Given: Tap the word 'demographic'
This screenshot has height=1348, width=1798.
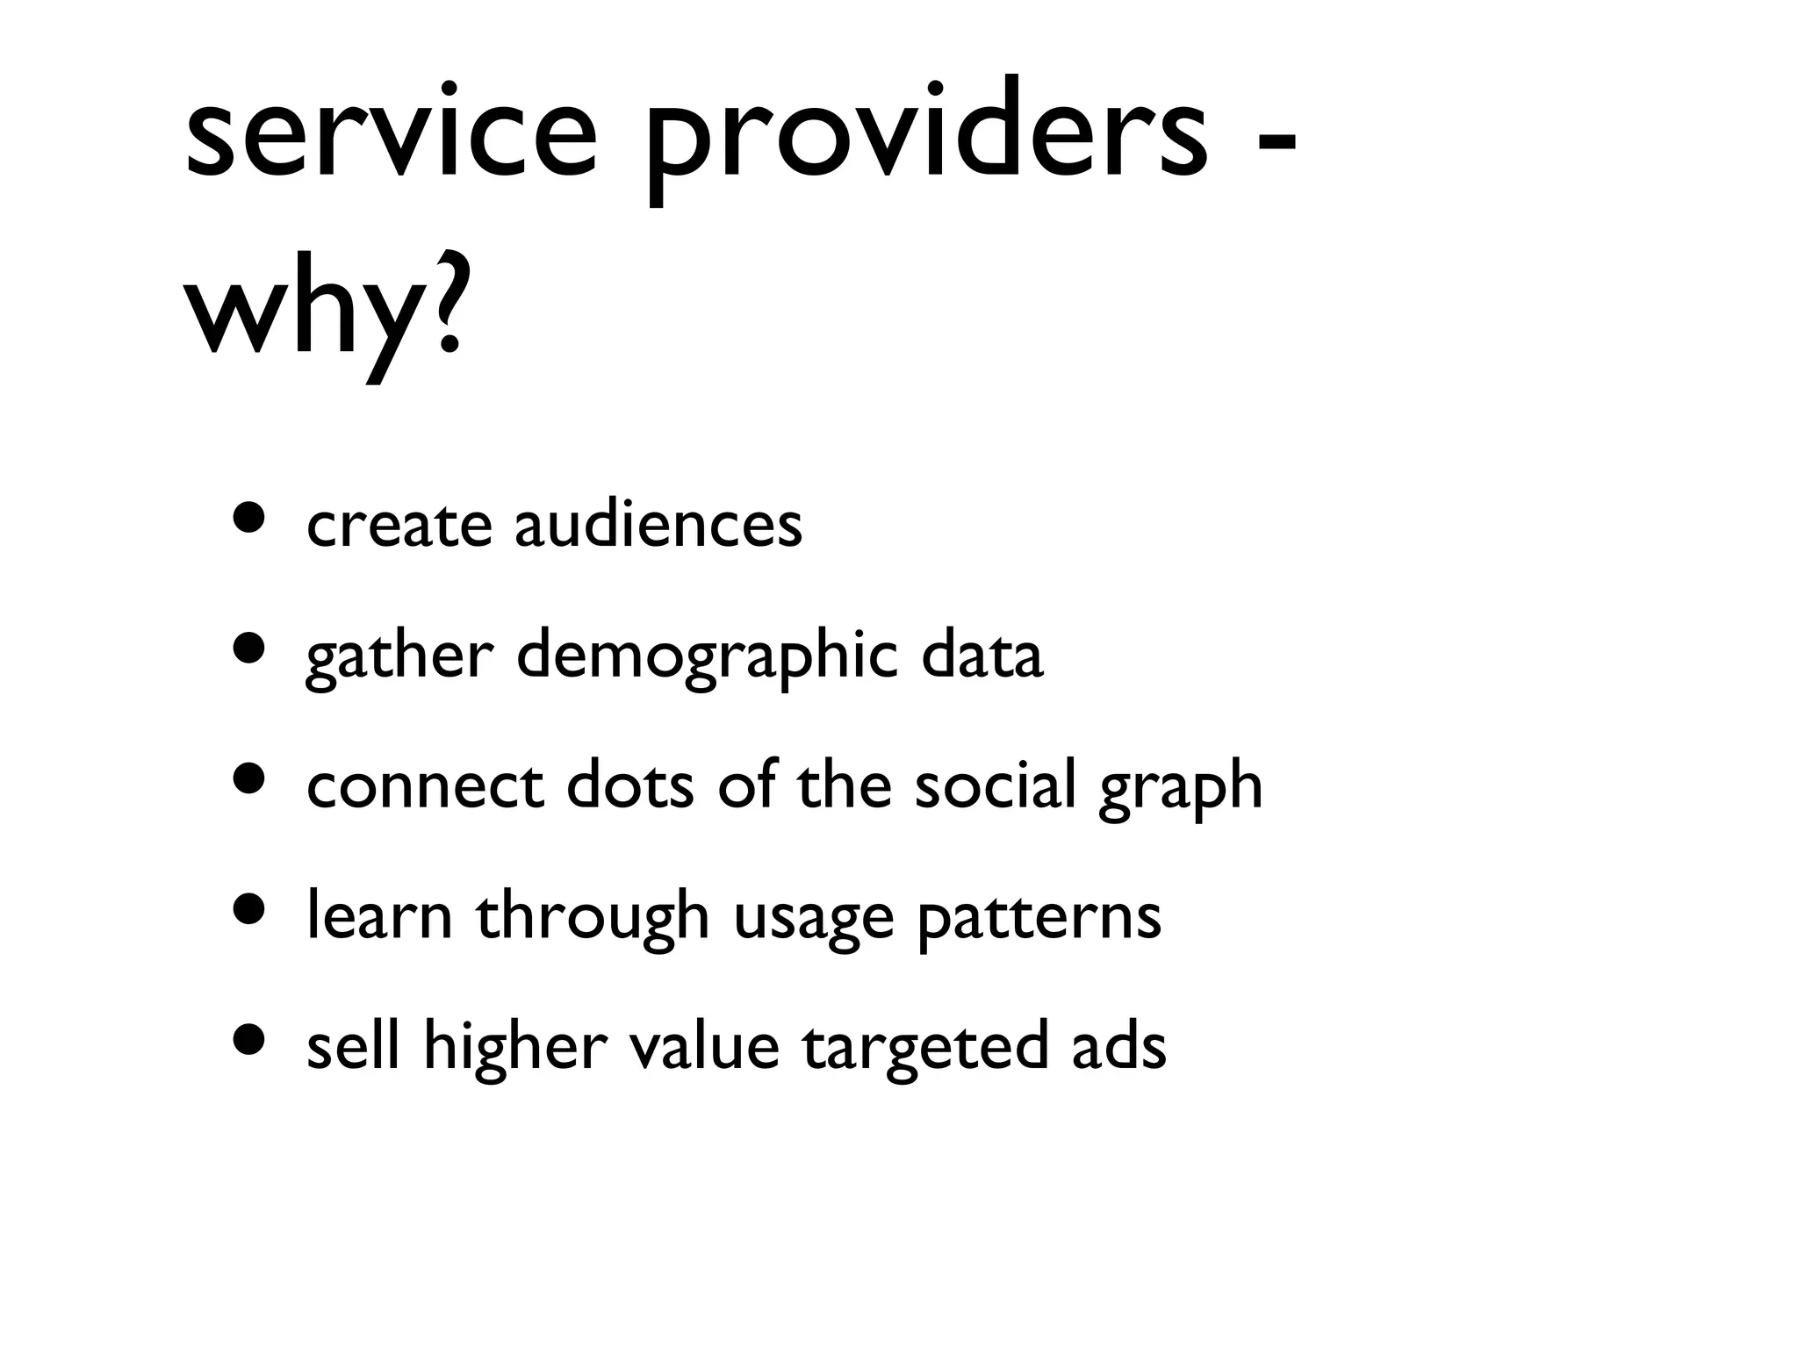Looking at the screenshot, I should (x=707, y=656).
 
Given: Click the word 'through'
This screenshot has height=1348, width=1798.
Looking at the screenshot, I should (x=593, y=917).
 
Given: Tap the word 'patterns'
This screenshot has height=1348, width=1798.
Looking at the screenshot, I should (x=1039, y=917).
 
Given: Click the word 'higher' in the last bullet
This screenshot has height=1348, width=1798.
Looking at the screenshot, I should (x=515, y=1046).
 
